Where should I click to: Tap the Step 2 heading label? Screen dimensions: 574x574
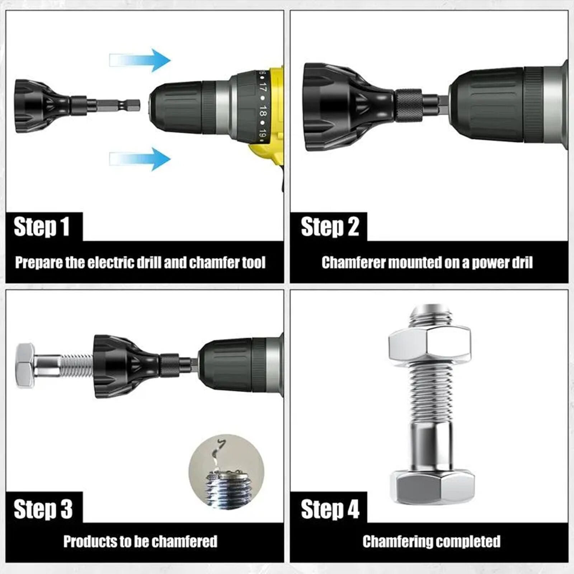(x=330, y=227)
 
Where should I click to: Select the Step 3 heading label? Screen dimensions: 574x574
(x=43, y=509)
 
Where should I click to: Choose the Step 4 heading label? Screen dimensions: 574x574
(x=330, y=509)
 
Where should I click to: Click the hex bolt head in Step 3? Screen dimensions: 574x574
(x=25, y=366)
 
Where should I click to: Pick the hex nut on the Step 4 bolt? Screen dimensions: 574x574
(x=429, y=345)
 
